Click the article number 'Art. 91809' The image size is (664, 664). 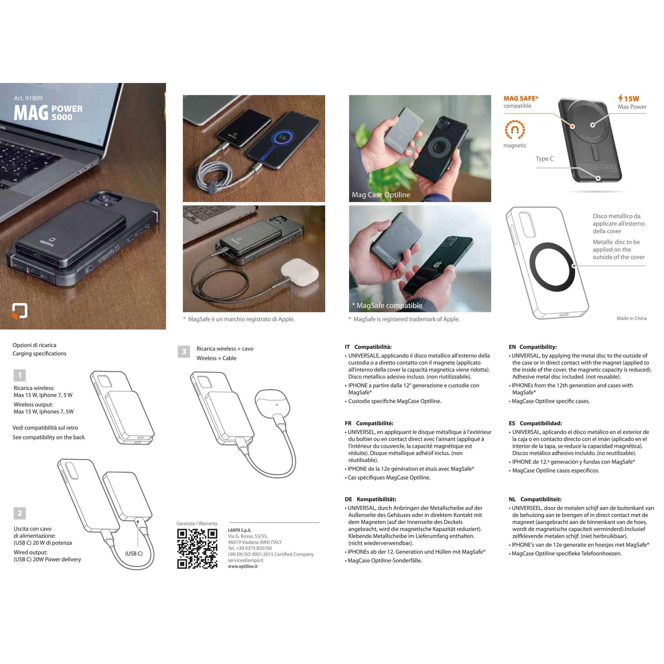click(28, 98)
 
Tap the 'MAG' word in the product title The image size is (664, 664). click(31, 113)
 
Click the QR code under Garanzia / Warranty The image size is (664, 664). click(197, 549)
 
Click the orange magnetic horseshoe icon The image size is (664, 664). click(515, 129)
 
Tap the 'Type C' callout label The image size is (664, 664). click(544, 159)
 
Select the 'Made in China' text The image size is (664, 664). click(631, 318)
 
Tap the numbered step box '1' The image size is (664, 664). click(20, 375)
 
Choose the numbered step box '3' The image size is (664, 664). click(184, 352)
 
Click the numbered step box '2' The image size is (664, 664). click(20, 513)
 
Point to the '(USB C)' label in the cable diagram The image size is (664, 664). click(134, 553)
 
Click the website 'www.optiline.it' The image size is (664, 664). click(243, 566)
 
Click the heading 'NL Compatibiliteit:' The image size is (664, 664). click(535, 499)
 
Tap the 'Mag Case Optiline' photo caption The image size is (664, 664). click(381, 195)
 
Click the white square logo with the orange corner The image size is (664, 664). click(20, 311)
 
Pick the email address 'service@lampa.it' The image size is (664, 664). click(245, 560)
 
